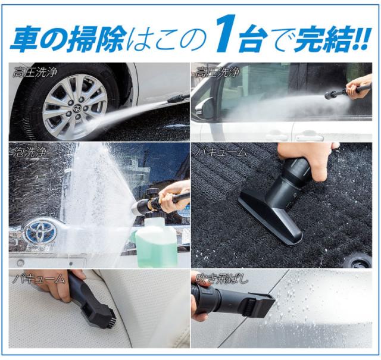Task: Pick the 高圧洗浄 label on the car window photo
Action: (218, 73)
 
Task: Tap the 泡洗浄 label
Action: (28, 153)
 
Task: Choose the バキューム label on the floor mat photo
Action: (221, 153)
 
